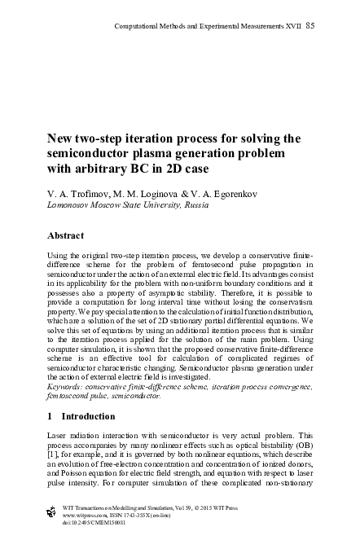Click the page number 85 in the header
pos(310,25)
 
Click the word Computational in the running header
pos(138,25)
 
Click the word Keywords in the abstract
pos(68,386)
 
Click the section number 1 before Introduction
pos(51,416)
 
